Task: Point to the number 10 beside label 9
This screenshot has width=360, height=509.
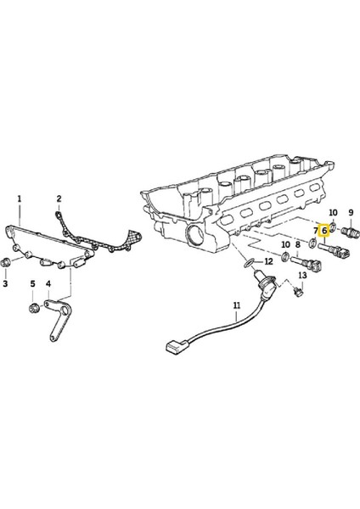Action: click(x=333, y=212)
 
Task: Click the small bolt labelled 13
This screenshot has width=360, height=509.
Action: click(x=299, y=293)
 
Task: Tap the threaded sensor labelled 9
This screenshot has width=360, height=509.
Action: click(x=348, y=232)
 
